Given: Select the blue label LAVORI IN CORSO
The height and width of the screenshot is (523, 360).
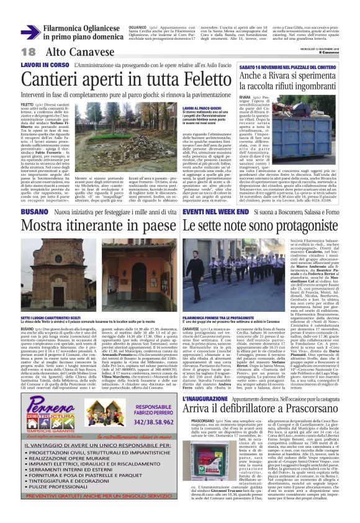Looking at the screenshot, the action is click(45, 64).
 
